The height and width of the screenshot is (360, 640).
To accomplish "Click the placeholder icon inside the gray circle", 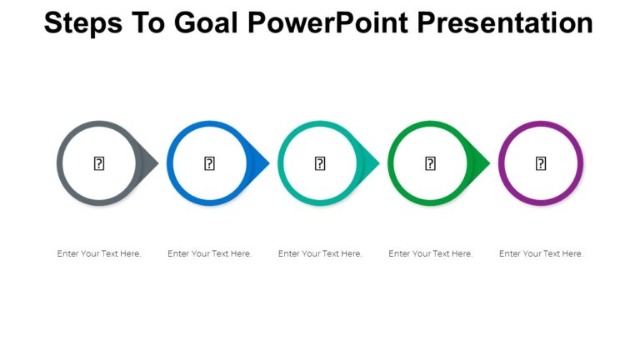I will coord(98,163).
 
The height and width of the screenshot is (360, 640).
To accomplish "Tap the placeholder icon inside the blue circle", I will coord(209,163).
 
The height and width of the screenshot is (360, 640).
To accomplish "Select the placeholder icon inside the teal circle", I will coord(320,163).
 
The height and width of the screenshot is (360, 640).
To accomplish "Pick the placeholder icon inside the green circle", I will coord(430,163).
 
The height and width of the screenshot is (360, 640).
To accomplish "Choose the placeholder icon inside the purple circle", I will coord(541,163).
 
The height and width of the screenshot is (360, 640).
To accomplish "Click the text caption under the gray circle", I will coord(99,253).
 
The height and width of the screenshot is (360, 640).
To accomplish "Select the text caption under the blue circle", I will coord(209,253).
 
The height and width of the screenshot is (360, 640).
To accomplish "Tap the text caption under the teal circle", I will coord(320,253).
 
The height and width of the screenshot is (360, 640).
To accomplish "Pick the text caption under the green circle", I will coord(430,253).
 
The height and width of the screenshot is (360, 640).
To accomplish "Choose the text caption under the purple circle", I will coord(541,253).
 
